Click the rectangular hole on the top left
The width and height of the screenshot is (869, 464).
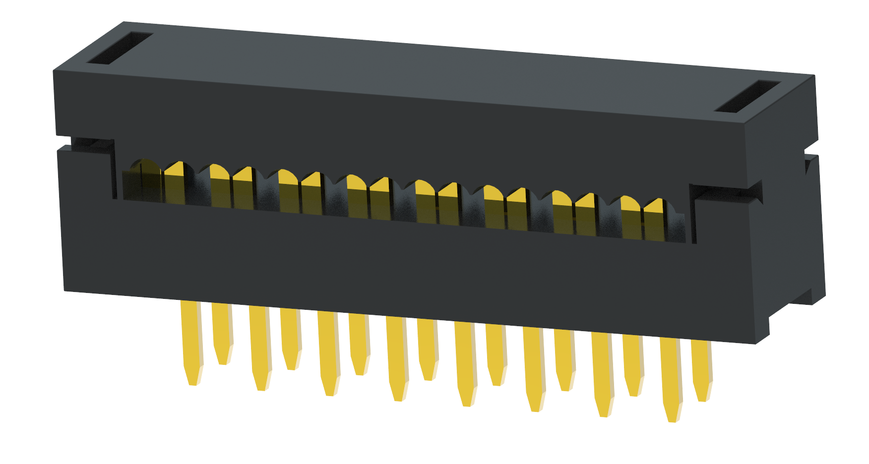[120, 48]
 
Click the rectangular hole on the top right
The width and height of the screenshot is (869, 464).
[747, 96]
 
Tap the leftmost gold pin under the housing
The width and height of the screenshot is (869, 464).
[191, 342]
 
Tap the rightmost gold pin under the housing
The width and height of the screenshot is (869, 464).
[701, 369]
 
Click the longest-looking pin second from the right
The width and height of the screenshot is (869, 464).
[671, 379]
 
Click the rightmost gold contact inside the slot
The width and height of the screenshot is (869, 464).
[655, 218]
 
